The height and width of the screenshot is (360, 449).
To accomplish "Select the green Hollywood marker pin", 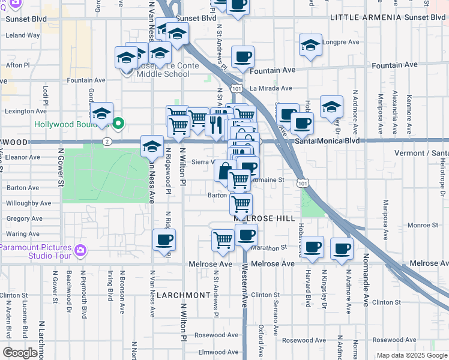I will (x=119, y=124).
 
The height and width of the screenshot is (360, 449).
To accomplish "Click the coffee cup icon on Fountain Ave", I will (x=243, y=58).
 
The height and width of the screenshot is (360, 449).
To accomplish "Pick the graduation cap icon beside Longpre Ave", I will (x=310, y=45).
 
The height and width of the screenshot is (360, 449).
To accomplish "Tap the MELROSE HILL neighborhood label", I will (x=257, y=220).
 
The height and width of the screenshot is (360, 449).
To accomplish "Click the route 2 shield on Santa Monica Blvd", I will (x=107, y=142).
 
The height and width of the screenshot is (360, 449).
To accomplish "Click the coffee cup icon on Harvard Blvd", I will (x=312, y=247).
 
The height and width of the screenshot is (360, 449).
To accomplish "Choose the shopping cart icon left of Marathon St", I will (x=223, y=240).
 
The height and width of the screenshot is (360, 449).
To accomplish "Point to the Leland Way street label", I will (x=22, y=35).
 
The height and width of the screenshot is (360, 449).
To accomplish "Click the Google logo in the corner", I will (x=20, y=353).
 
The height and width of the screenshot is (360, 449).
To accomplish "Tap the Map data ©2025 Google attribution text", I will (x=411, y=355).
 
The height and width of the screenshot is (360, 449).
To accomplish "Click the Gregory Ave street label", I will (x=24, y=219).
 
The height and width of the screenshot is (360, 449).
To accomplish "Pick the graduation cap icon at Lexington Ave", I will (x=101, y=113).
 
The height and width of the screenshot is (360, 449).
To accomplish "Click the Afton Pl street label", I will (x=17, y=65).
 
